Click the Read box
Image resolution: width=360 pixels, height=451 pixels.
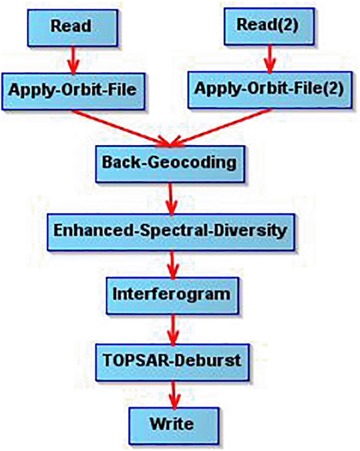tap(73, 28)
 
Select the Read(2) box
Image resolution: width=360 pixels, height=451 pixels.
tap(269, 26)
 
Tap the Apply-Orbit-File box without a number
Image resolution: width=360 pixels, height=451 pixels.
tap(73, 91)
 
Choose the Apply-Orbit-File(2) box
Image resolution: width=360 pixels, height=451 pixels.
tap(270, 90)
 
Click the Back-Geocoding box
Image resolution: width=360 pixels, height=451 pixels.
tap(170, 164)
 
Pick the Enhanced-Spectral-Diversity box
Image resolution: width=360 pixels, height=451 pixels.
tap(171, 232)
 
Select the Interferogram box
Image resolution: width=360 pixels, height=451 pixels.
tap(172, 296)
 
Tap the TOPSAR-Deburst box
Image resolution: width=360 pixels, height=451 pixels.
tap(172, 363)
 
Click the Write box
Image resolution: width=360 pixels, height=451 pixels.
tap(174, 426)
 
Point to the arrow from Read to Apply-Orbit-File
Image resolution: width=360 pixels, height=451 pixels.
tap(73, 60)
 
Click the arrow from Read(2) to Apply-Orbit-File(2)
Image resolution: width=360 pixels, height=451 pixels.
tap(269, 58)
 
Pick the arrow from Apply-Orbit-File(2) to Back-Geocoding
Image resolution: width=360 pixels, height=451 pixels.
tap(221, 127)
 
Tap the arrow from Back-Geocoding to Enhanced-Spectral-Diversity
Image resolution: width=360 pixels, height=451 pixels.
tap(171, 199)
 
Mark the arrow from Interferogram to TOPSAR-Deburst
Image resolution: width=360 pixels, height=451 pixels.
tap(173, 330)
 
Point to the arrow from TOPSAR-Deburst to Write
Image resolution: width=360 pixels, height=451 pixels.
tap(174, 395)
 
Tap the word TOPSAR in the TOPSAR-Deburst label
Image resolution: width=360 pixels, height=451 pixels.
tap(137, 360)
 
